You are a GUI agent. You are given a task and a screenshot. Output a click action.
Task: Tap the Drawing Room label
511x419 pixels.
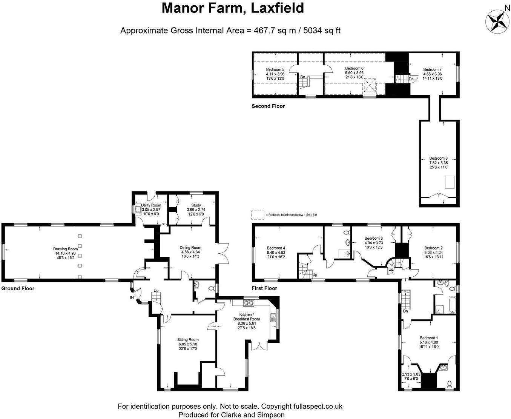(x=65, y=249)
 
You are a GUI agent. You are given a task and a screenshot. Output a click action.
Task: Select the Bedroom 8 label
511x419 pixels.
(x=438, y=159)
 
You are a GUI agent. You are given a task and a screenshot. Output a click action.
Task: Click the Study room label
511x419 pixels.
(x=196, y=205)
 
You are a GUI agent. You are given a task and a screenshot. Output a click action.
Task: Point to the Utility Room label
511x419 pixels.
(x=151, y=205)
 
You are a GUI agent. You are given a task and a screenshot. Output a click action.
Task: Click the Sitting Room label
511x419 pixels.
(x=188, y=340)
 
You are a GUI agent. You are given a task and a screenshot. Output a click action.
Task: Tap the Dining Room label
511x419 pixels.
(x=190, y=248)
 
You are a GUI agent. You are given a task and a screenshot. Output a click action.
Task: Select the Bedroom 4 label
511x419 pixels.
(x=276, y=248)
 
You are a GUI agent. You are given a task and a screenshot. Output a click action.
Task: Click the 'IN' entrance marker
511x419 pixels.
(x=132, y=298)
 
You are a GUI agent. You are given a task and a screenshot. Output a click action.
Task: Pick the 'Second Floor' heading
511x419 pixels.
(x=268, y=106)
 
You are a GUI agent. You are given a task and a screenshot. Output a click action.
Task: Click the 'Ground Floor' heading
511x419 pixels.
(x=18, y=288)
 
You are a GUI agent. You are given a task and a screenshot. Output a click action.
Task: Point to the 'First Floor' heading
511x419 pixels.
(x=264, y=288)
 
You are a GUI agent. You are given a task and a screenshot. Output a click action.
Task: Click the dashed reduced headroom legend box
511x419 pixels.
(x=258, y=214)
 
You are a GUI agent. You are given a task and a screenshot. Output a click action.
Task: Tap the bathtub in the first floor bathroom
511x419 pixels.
(x=451, y=305)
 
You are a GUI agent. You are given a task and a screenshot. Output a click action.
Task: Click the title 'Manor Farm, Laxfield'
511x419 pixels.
(x=233, y=8)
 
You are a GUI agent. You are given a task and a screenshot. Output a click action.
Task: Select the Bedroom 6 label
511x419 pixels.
(x=354, y=68)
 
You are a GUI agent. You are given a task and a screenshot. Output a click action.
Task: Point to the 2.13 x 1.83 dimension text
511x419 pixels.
(x=411, y=374)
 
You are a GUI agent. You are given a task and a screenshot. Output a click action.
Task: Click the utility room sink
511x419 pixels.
(x=138, y=209)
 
